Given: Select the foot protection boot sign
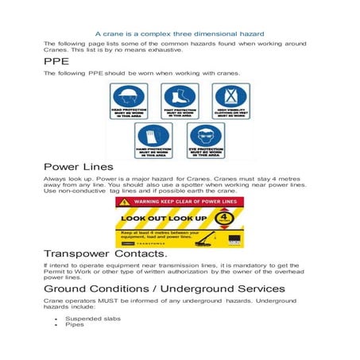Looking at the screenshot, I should click(x=179, y=100).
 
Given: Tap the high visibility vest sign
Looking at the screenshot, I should click(x=230, y=100).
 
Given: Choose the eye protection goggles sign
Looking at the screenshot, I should click(x=203, y=139).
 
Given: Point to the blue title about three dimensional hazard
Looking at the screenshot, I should click(x=180, y=34).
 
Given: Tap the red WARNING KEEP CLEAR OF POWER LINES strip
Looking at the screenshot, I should click(x=180, y=202).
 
